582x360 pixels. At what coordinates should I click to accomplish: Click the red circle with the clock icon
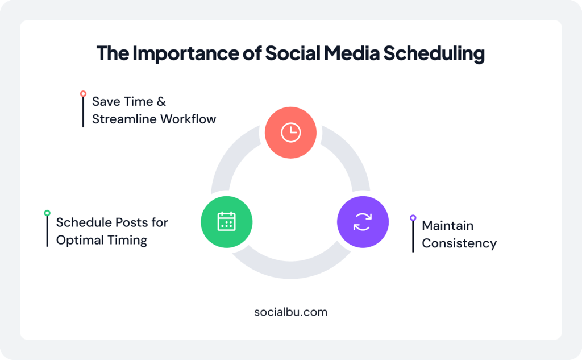coord(290,133)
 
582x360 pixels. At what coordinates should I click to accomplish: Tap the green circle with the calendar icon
coord(226,222)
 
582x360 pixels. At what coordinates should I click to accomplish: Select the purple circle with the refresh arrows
coord(362,222)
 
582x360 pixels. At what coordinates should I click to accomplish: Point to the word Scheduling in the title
coord(434,53)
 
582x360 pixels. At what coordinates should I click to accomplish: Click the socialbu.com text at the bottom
coord(290,312)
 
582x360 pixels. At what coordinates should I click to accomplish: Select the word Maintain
coord(447,226)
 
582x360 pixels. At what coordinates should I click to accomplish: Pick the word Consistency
coord(459,243)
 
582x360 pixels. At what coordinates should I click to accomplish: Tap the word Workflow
coord(187,119)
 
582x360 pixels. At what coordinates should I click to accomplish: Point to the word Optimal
coord(78,240)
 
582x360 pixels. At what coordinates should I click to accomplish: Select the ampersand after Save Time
coord(161,102)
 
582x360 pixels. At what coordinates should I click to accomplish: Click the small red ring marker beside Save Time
coord(83,93)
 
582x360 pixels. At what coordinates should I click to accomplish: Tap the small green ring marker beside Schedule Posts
coord(47,213)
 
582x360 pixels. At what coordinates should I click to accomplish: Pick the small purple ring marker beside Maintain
coord(413,217)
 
